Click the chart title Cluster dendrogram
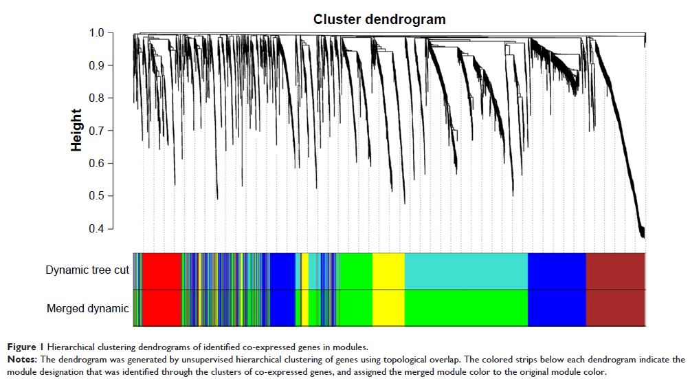tap(379, 19)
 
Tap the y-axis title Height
tap(76, 131)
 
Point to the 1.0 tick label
tap(96, 33)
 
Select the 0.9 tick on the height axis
tap(96, 65)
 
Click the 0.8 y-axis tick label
tap(96, 98)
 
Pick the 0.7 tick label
tap(96, 131)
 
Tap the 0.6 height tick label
tap(96, 164)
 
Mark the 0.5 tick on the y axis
tap(96, 196)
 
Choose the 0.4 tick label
tap(96, 229)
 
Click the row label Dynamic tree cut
tap(87, 270)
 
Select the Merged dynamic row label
tap(87, 308)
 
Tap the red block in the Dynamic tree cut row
tap(162, 271)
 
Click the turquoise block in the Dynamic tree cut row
tap(466, 271)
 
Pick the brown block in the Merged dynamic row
tap(615, 308)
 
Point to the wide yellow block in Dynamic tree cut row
tap(388, 271)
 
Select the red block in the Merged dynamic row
tap(162, 308)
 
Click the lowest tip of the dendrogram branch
tap(643, 237)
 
